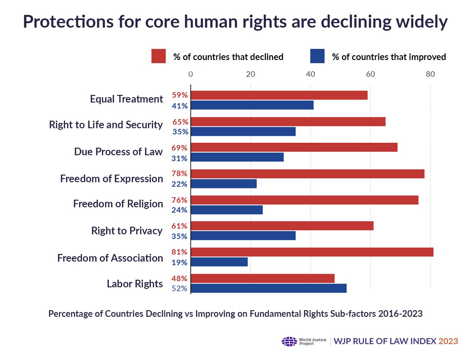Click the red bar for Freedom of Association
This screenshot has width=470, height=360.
point(312,252)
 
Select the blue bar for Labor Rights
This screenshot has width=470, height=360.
point(269,288)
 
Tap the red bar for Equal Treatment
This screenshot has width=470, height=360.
point(279,95)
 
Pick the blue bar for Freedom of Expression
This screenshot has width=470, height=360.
point(224,184)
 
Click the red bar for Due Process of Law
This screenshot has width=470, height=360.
point(294,147)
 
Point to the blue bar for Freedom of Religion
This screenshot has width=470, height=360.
point(227,210)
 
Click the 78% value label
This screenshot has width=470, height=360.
point(179,174)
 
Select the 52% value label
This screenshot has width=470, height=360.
point(179,289)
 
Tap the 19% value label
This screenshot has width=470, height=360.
point(179,263)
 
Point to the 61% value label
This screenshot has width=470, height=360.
point(179,226)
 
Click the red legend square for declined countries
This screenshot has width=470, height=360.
point(158,56)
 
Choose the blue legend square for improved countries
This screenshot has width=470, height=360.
point(317,56)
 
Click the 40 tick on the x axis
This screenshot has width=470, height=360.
point(310,74)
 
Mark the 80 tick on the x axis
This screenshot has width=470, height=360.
point(430,74)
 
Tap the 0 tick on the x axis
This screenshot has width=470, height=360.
point(191,74)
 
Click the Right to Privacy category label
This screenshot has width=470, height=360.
point(127,231)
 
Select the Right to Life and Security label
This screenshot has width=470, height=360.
point(106,125)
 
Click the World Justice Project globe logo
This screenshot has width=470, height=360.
point(289,342)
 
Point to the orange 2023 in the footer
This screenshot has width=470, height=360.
point(448,341)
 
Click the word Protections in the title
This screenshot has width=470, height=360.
point(68,22)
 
